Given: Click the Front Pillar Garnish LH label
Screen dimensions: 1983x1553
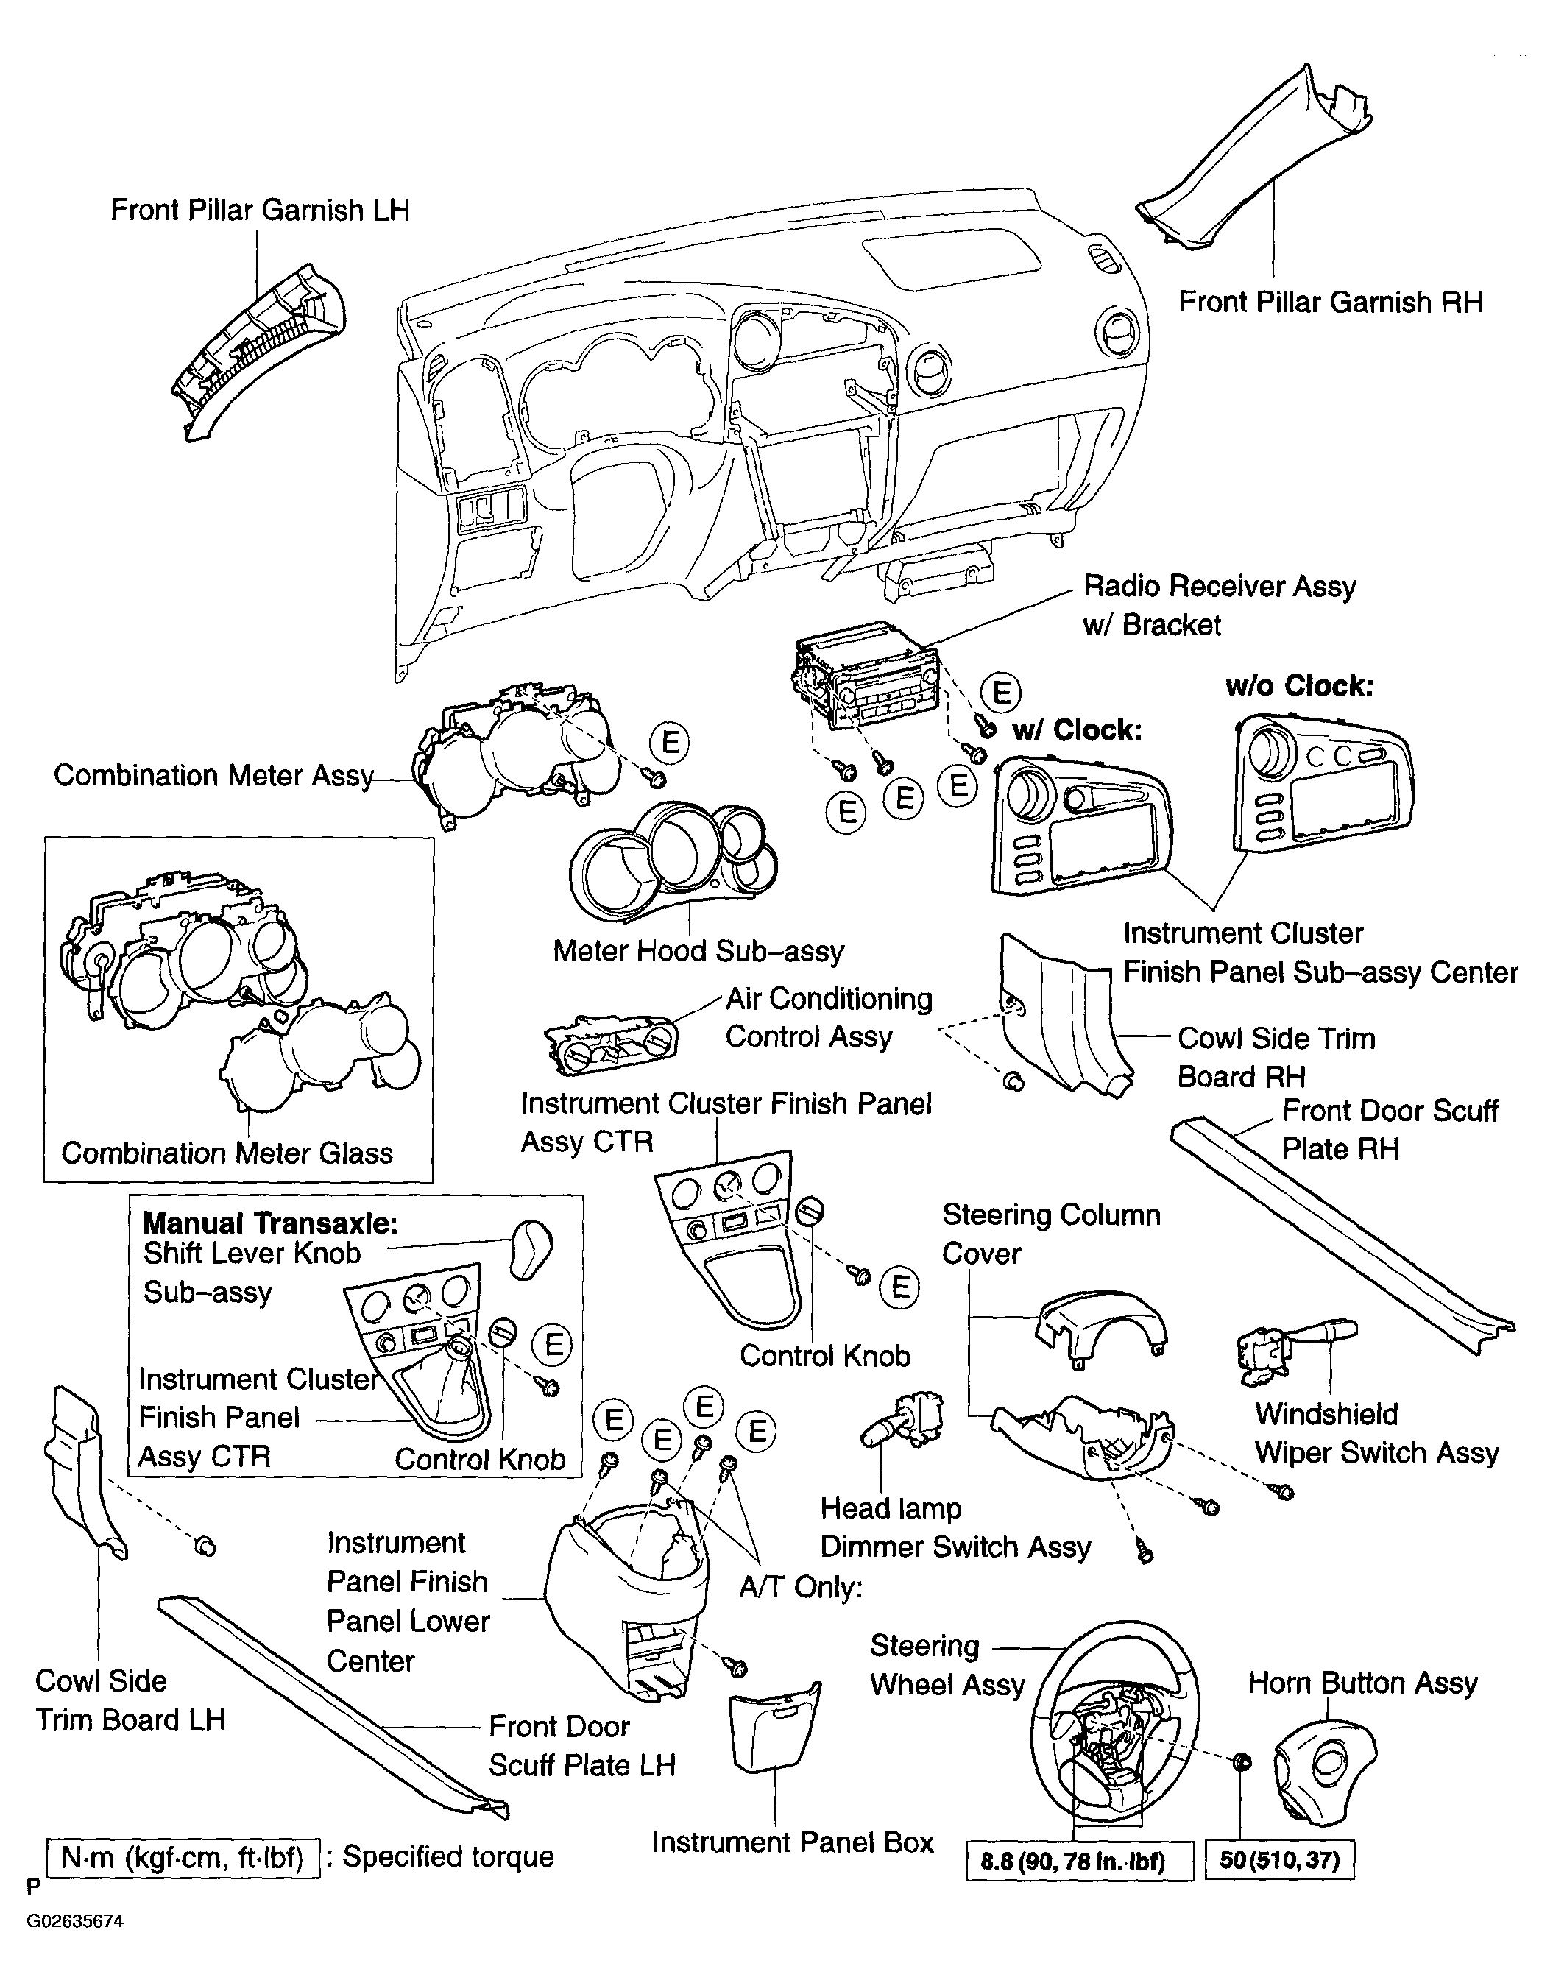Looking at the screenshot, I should pyautogui.click(x=260, y=210).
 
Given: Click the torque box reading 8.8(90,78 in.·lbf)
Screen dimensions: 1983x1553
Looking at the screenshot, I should pyautogui.click(x=1079, y=1860).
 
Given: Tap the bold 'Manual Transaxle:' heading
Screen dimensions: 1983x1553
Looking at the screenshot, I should pyautogui.click(x=270, y=1223).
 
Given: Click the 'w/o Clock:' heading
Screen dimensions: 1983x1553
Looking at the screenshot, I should pyautogui.click(x=1298, y=685).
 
